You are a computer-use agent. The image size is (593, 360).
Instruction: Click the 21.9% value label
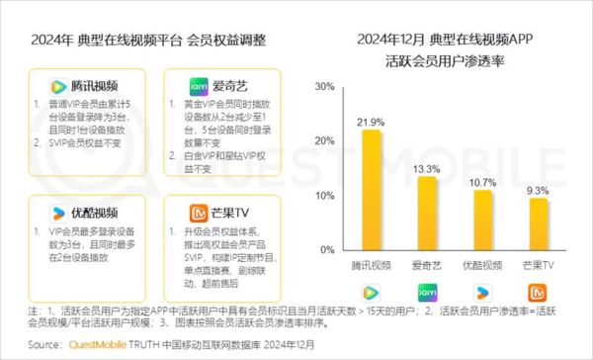point(371,122)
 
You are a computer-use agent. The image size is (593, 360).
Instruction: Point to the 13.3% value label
point(427,169)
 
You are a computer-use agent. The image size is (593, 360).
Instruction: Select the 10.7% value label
point(482,183)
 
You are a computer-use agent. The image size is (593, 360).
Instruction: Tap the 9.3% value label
point(538,190)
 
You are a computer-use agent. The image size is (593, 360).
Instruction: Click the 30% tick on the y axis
point(323,87)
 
